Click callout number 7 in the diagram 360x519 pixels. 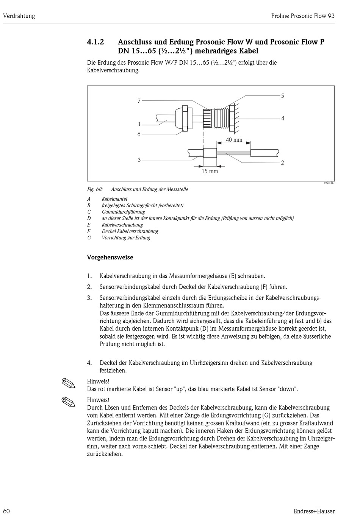[x=139, y=101]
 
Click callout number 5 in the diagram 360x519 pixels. [x=282, y=96]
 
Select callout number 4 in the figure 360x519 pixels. [x=282, y=119]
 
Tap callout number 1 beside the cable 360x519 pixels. [x=139, y=124]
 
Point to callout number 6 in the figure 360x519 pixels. [x=139, y=134]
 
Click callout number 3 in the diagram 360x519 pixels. [x=139, y=160]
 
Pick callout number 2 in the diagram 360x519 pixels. [x=282, y=163]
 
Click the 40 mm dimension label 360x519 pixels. [x=234, y=140]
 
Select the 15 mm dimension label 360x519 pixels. [x=210, y=171]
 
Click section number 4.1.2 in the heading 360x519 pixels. [x=95, y=42]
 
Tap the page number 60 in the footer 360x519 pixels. [x=6, y=511]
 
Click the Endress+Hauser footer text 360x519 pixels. [x=314, y=511]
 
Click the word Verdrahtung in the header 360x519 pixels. [x=19, y=16]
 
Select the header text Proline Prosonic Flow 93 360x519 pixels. [x=303, y=16]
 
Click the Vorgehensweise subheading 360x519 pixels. [x=110, y=258]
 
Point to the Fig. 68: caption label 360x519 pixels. [x=95, y=189]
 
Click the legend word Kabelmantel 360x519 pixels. [x=114, y=199]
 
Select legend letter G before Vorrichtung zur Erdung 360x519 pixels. [x=89, y=238]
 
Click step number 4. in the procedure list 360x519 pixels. [x=89, y=363]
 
